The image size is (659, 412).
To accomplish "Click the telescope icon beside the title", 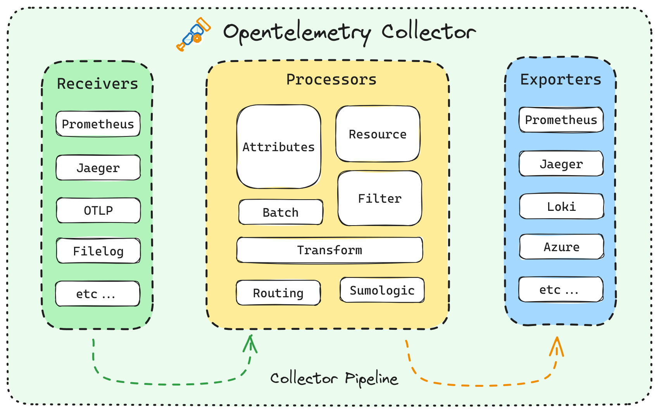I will (193, 34).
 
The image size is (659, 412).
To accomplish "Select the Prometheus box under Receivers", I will (98, 124).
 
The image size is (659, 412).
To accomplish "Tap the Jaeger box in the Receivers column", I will (98, 168).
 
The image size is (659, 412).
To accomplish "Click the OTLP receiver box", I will (98, 210).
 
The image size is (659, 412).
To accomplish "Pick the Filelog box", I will (98, 251).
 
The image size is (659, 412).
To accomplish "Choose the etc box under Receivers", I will (97, 294).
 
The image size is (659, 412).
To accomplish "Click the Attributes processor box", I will (279, 147).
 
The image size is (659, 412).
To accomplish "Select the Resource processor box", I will (378, 134).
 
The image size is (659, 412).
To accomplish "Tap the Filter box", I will (380, 198).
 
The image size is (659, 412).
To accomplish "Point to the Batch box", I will (281, 212).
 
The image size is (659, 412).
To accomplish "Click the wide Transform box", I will (329, 250).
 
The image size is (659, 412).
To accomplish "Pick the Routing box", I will (278, 293).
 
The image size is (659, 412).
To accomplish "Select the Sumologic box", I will (382, 290).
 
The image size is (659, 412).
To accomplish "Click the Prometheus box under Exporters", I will (561, 120).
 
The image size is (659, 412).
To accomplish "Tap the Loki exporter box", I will (561, 207).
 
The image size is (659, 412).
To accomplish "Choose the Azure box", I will (561, 247).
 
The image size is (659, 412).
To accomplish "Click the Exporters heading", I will (561, 79).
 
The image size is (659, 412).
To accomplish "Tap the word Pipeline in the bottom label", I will (371, 379).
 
